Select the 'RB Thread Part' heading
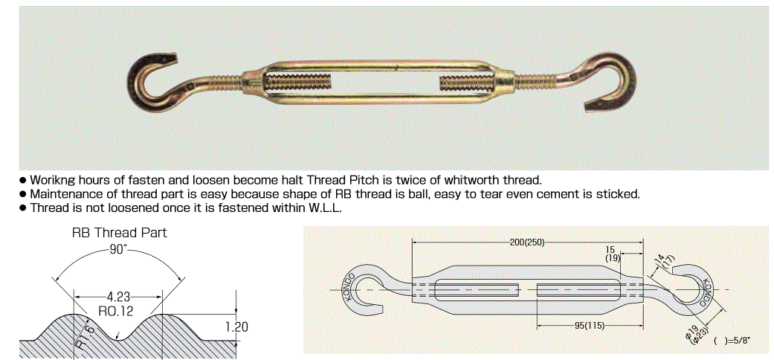120,233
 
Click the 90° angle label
118,249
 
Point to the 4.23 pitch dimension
117,298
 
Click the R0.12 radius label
117,311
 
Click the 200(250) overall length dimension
527,242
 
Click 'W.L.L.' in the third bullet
325,208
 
